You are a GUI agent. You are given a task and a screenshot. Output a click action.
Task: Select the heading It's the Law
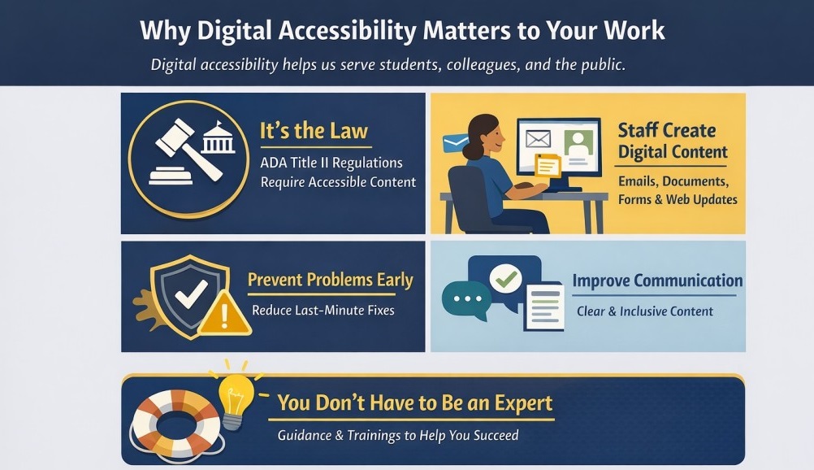pyautogui.click(x=314, y=131)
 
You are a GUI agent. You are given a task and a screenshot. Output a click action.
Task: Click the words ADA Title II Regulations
pyautogui.click(x=331, y=163)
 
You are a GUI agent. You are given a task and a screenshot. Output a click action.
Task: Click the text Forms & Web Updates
pyautogui.click(x=678, y=200)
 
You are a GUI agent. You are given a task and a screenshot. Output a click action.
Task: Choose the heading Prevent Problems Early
pyautogui.click(x=330, y=281)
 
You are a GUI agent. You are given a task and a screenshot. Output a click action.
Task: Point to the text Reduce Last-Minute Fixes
pyautogui.click(x=323, y=311)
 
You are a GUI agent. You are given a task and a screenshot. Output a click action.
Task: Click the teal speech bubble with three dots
pyautogui.click(x=466, y=298)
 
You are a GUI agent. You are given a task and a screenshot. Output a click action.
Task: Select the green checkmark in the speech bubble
pyautogui.click(x=508, y=280)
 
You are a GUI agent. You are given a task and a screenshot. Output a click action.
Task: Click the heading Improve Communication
pyautogui.click(x=657, y=281)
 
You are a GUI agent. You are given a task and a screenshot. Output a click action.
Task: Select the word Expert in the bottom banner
pyautogui.click(x=513, y=403)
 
